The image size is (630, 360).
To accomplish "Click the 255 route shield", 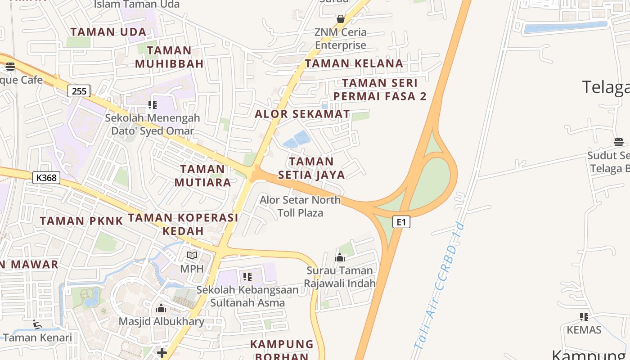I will pos(79,91).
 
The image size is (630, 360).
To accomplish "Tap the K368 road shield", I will pos(46,178).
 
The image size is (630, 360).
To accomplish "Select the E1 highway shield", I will pos(401,222).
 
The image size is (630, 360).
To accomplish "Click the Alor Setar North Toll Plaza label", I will pos(300,206).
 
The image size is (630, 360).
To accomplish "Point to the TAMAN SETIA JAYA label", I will pos(311,168).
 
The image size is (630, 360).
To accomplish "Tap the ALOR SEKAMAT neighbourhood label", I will pos(302,114).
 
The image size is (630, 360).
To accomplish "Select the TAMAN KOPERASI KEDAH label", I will pos(183,224).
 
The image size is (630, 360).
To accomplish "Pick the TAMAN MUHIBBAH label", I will pos(169,57).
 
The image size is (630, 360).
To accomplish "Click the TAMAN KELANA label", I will pos(354,63).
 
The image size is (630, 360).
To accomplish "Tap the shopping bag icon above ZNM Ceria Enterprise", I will pos(341,19).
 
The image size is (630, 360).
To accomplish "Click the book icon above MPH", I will pos(192,256).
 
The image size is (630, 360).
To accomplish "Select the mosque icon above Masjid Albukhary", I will pos(161,309).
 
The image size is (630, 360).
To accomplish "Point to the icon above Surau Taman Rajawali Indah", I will pos(340,257).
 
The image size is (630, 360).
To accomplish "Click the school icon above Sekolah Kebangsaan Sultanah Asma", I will pos(247,276).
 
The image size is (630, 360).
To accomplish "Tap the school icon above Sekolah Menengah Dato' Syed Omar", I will pos(153,105).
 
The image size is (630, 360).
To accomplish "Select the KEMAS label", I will pos(584,330).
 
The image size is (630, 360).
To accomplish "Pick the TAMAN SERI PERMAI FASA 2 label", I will pos(380,89).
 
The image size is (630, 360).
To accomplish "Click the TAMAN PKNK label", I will pos(81,221).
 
